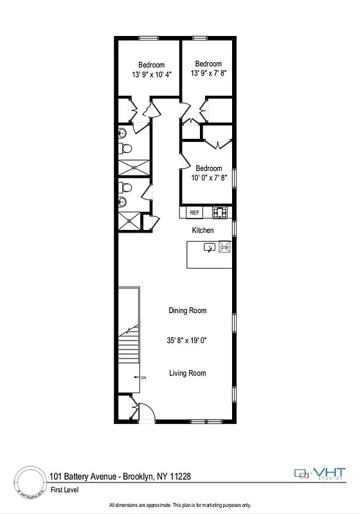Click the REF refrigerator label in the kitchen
(194, 212)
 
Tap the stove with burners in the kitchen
(221, 211)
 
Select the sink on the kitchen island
(210, 247)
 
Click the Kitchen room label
(203, 230)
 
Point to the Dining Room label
(188, 311)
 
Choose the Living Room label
(188, 373)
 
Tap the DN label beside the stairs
(143, 378)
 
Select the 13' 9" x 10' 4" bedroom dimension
(152, 74)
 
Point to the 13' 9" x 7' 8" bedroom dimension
(209, 73)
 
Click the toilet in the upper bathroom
(127, 148)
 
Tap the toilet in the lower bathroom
(127, 188)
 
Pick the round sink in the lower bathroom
(122, 203)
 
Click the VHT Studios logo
(322, 474)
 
